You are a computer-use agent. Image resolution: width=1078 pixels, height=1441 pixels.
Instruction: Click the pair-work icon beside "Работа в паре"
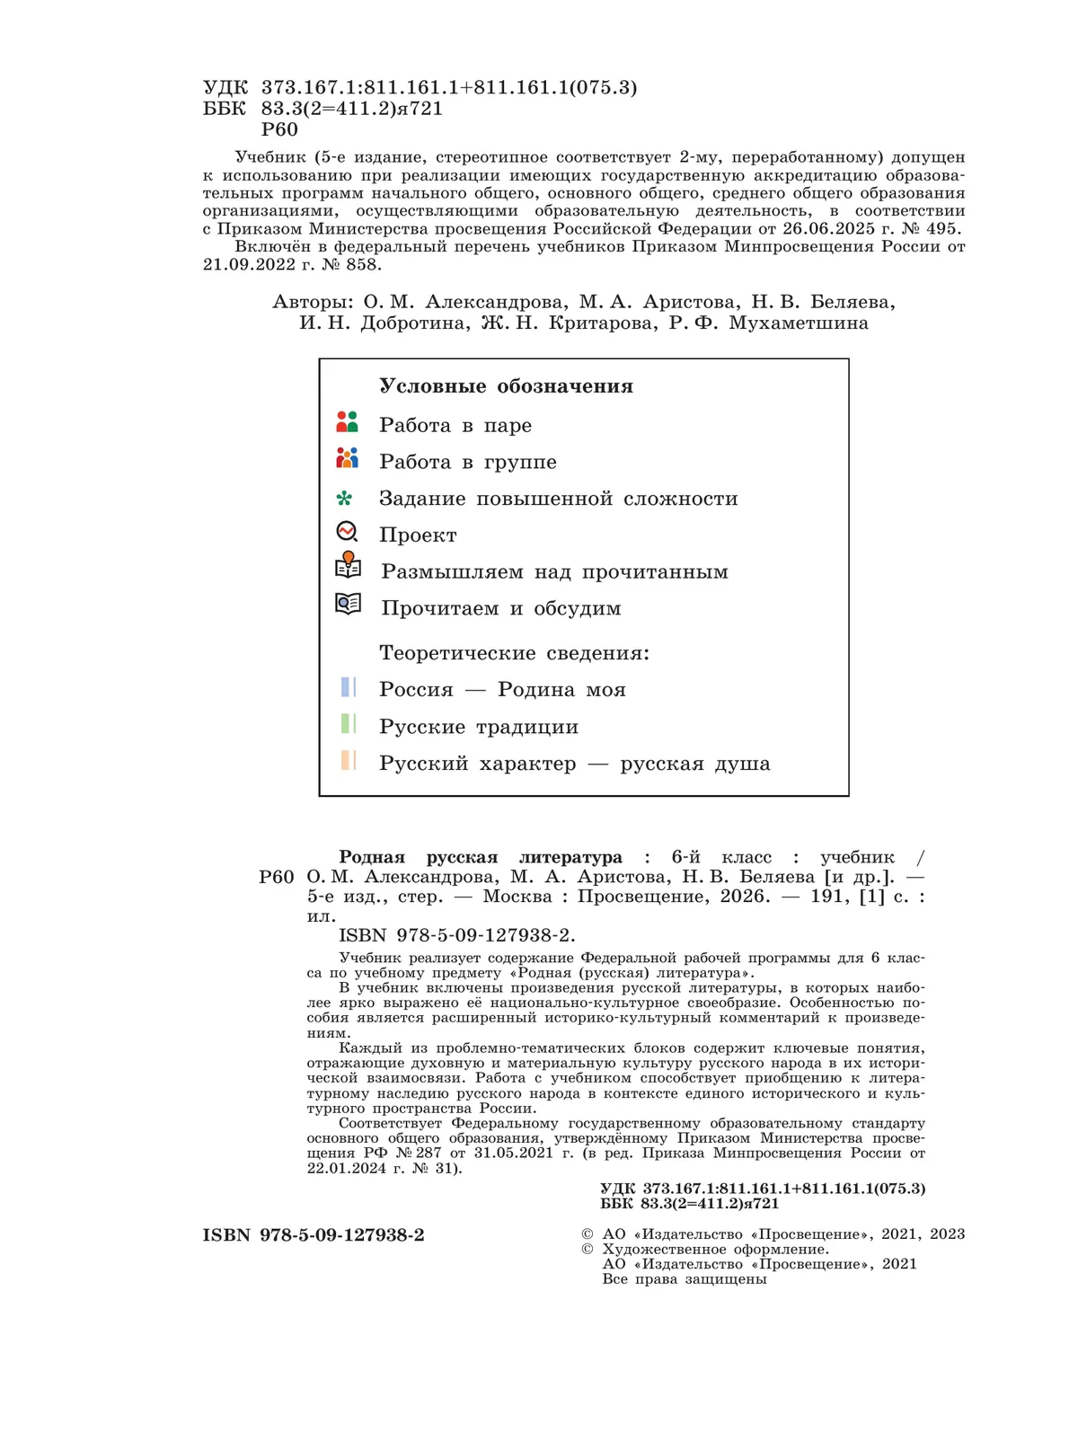(347, 422)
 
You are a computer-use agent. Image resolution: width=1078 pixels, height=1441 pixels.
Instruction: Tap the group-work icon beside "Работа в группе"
(347, 458)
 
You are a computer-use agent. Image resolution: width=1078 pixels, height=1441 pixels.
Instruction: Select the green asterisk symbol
(344, 499)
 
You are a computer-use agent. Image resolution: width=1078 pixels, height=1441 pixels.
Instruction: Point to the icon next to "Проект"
(347, 532)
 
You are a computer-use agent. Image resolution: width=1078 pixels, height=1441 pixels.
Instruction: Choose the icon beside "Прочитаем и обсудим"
(348, 604)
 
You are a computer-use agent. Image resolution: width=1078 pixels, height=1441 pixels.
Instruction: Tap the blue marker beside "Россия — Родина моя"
(349, 688)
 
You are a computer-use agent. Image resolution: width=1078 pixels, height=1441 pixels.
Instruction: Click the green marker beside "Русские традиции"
(349, 724)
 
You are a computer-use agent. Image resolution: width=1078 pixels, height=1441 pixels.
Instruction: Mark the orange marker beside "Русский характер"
(349, 761)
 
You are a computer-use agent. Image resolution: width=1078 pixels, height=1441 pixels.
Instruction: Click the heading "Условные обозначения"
(506, 386)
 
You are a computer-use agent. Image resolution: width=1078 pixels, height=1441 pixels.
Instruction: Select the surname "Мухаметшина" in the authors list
(799, 323)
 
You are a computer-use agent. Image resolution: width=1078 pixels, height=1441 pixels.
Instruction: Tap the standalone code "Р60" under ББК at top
(279, 129)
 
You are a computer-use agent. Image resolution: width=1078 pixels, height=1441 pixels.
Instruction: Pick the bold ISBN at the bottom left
(314, 1235)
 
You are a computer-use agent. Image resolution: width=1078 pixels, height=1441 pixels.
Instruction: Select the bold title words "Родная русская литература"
(481, 857)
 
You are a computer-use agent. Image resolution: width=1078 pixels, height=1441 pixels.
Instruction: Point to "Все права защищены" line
(684, 1279)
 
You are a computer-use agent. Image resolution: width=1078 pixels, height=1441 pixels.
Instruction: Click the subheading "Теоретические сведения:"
(514, 653)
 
